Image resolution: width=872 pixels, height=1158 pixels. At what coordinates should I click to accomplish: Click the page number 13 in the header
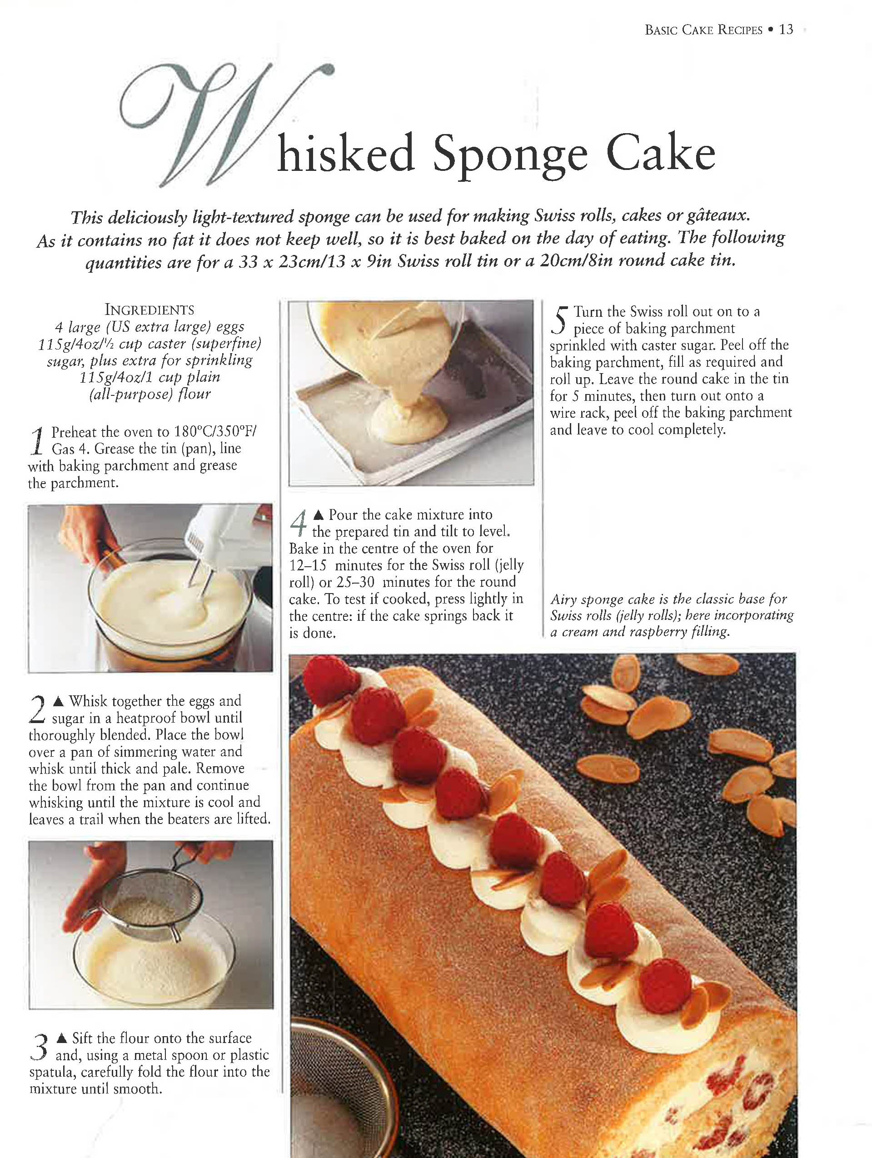[786, 30]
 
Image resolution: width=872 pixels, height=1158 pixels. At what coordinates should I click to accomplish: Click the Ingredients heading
[149, 309]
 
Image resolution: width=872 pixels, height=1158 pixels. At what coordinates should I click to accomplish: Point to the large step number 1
[37, 440]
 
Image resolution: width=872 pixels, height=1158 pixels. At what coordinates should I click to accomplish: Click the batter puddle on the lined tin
[408, 417]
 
